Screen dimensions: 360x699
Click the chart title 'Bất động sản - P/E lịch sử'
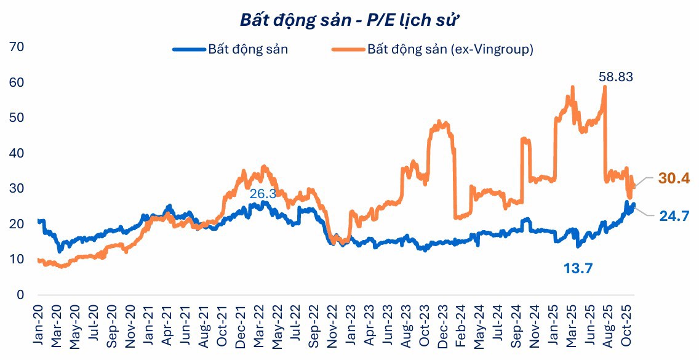[x=349, y=19]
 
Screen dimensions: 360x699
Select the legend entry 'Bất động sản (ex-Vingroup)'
[x=450, y=49]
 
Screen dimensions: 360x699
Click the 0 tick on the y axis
[x=20, y=295]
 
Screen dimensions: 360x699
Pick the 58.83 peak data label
[x=616, y=77]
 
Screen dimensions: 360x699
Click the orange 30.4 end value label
[x=674, y=178]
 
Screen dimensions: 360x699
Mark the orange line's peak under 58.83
[x=605, y=87]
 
